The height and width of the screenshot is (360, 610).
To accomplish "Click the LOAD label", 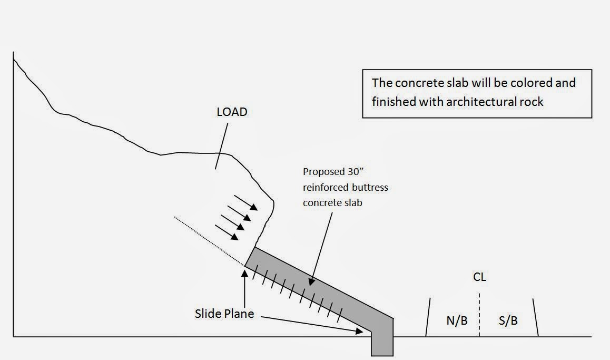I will (x=232, y=112).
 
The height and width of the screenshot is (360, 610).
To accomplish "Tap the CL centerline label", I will (x=479, y=277).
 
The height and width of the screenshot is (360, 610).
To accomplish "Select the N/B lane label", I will (x=456, y=320).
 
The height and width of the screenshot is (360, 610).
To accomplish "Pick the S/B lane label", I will (x=508, y=320).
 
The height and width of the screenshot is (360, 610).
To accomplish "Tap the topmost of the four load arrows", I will (x=246, y=202).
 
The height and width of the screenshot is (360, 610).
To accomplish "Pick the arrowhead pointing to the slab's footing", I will (x=360, y=330).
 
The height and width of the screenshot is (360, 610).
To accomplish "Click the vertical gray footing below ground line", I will (x=382, y=345).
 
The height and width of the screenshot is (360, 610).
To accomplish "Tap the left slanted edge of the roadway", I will (x=428, y=317).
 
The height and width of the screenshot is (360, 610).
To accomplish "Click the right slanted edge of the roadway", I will (x=535, y=317).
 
